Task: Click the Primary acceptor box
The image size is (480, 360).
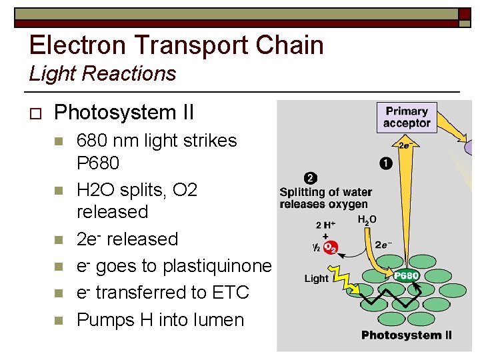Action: pos(406,117)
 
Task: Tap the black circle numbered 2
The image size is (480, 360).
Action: pos(310,178)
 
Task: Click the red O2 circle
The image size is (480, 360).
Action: pos(330,248)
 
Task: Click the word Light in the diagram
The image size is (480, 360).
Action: pos(316,279)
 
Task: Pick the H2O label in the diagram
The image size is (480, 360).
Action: pos(367,219)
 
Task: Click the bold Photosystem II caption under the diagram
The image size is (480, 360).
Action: pos(406,335)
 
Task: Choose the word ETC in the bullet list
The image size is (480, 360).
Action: pos(229,293)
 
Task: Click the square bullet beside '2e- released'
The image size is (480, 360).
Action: pos(59,239)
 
